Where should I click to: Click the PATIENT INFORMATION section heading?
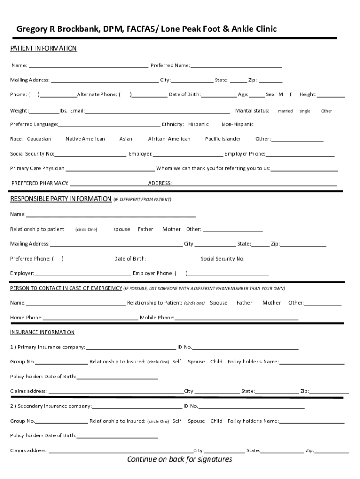(43, 49)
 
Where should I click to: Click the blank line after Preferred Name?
(236, 66)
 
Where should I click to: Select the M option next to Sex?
(281, 94)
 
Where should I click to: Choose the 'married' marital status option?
(285, 111)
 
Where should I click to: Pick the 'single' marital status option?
(305, 111)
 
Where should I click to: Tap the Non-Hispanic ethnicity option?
(238, 124)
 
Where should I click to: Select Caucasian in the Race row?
(39, 139)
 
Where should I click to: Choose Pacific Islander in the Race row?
(223, 139)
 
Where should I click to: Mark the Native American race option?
(85, 139)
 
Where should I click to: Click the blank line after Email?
(157, 112)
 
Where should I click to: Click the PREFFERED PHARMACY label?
(40, 183)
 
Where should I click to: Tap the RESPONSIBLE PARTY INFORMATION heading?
(61, 199)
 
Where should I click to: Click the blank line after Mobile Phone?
(236, 319)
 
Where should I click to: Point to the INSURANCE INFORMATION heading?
(43, 332)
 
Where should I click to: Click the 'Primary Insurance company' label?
(48, 347)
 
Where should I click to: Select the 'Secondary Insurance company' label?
(51, 406)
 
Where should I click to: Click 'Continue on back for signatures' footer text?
(180, 459)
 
